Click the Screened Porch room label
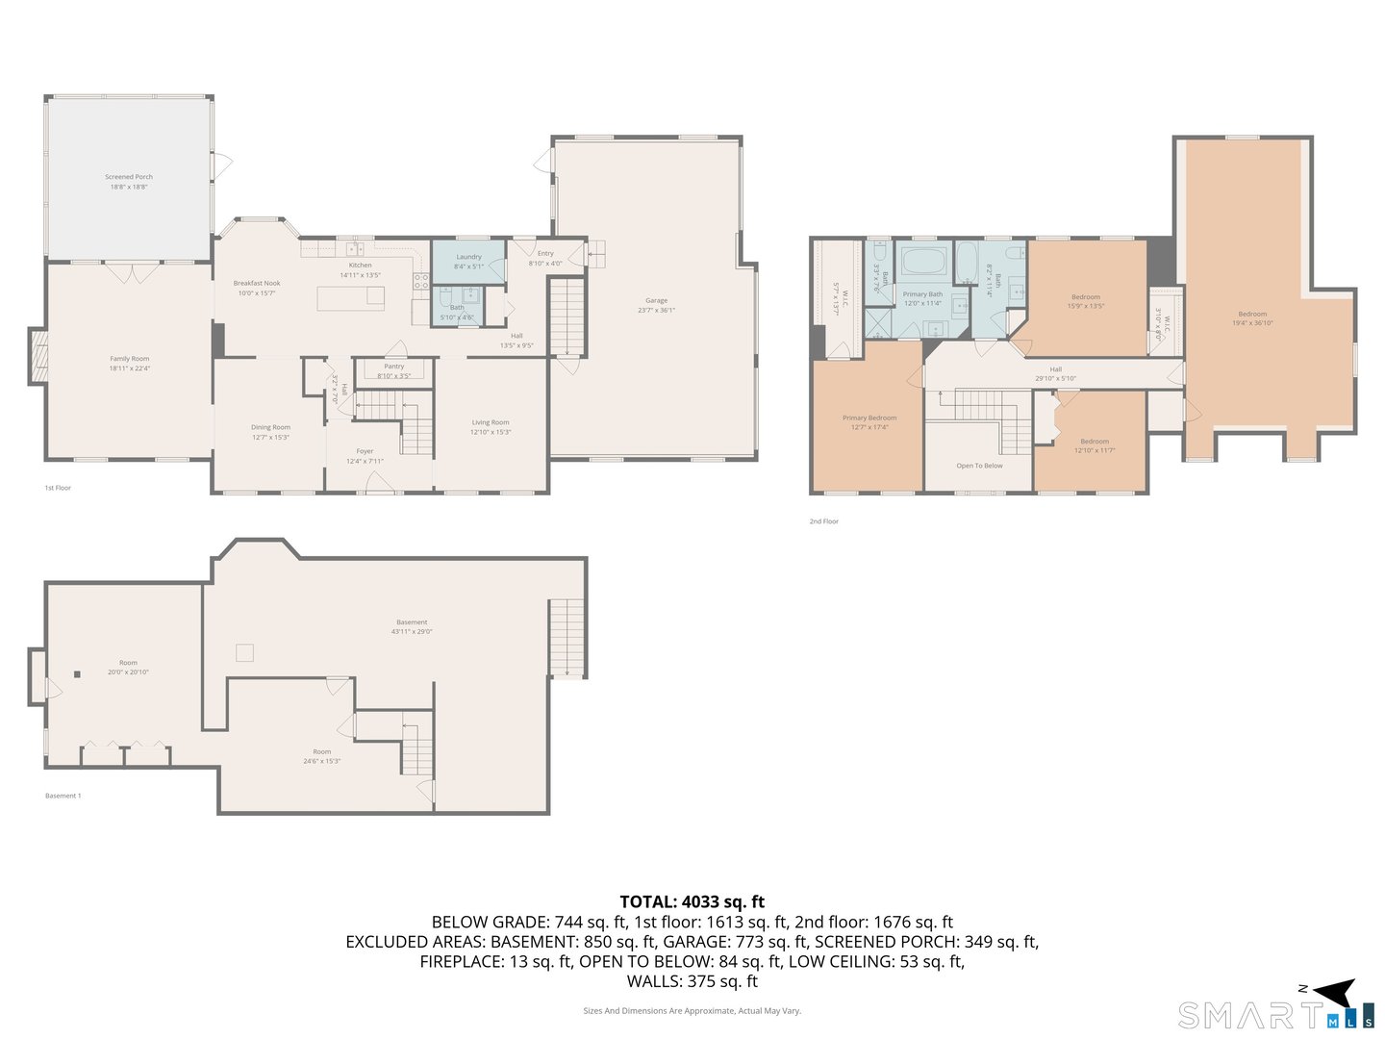[x=129, y=177]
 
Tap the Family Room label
[x=129, y=359]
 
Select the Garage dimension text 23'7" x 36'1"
[x=656, y=311]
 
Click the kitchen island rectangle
[x=351, y=298]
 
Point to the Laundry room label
[x=468, y=257]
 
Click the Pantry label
[x=394, y=367]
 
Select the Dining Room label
[x=270, y=427]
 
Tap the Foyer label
[x=365, y=451]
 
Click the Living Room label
[x=491, y=422]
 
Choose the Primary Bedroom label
[x=869, y=418]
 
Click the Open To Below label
[x=979, y=466]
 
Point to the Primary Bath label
[x=922, y=294]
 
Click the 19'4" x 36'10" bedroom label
[x=1252, y=323]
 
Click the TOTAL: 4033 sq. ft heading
[x=692, y=901]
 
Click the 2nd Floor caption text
[x=823, y=521]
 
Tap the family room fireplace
[x=38, y=358]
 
